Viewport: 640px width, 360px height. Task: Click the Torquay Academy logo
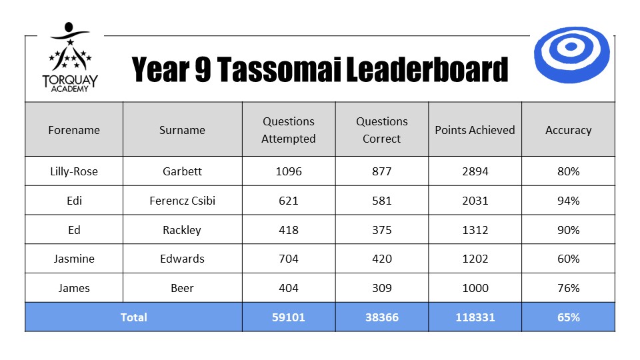(x=70, y=57)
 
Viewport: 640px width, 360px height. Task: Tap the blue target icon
(x=571, y=55)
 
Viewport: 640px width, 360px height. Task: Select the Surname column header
(x=182, y=130)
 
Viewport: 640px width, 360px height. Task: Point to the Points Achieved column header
(x=475, y=130)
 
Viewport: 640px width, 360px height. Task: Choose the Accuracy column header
(x=568, y=130)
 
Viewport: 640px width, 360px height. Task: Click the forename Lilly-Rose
(x=74, y=171)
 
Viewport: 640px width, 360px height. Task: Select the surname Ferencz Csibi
(x=182, y=201)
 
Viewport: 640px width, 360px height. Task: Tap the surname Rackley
(x=182, y=230)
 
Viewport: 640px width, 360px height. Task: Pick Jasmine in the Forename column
(x=74, y=259)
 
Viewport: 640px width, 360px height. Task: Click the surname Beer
(x=182, y=288)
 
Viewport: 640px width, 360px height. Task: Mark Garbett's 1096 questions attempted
(x=289, y=171)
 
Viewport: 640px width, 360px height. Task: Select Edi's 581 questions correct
(x=381, y=201)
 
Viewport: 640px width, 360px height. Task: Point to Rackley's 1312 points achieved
(x=475, y=230)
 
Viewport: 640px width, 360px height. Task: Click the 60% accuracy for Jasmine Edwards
(x=569, y=259)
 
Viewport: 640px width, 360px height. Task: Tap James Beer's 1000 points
(x=475, y=288)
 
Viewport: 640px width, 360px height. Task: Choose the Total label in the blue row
(x=133, y=317)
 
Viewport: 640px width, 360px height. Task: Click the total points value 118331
(x=475, y=317)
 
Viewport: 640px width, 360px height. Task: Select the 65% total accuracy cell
(x=569, y=317)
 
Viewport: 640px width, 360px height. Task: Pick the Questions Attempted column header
(x=289, y=130)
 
